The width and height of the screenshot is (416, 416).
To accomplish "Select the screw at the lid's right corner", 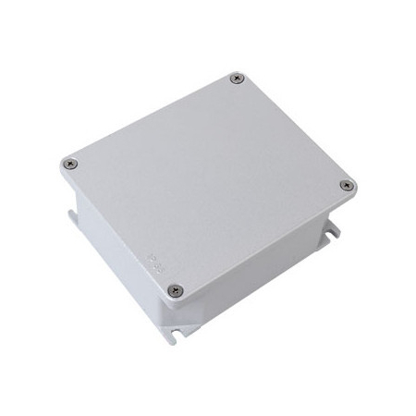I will point(347,185).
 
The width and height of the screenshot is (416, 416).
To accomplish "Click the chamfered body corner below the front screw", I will point(179,319).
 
